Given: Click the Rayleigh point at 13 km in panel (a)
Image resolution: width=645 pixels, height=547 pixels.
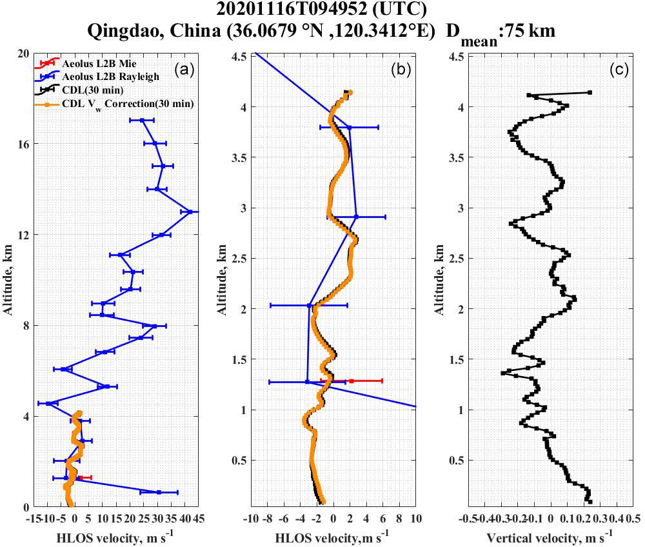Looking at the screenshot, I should pyautogui.click(x=190, y=211).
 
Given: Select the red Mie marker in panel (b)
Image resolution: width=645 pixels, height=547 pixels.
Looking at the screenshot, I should pyautogui.click(x=352, y=381).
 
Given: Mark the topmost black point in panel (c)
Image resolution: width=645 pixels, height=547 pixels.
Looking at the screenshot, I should pyautogui.click(x=590, y=93).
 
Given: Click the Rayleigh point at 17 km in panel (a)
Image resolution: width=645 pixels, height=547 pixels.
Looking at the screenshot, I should pyautogui.click(x=142, y=120).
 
